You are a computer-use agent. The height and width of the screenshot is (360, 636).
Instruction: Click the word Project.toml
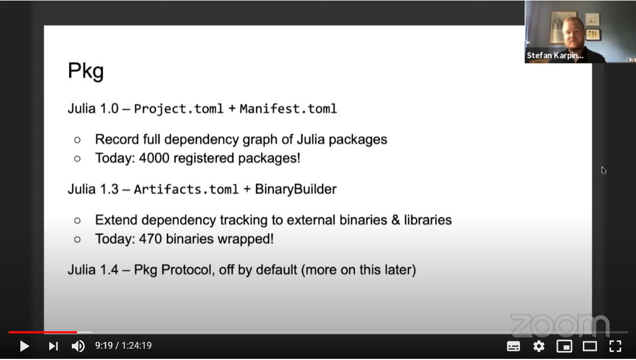(178, 109)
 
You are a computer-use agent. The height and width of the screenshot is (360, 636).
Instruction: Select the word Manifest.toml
(289, 109)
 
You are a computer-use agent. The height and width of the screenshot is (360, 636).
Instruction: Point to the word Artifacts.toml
(186, 190)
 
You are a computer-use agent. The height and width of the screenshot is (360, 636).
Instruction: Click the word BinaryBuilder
(296, 190)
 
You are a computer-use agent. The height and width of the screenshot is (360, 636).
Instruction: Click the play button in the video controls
(24, 346)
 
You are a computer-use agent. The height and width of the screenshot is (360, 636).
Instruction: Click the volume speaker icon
(78, 346)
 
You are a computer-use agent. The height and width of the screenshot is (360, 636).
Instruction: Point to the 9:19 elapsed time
(104, 345)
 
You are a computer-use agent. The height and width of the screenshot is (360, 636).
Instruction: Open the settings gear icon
(539, 346)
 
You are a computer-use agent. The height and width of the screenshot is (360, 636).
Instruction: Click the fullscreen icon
(615, 346)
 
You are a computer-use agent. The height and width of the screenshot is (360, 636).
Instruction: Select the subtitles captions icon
(514, 346)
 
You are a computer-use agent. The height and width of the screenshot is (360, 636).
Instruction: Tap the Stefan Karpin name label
(555, 55)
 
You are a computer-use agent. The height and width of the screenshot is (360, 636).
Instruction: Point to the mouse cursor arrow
(604, 170)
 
